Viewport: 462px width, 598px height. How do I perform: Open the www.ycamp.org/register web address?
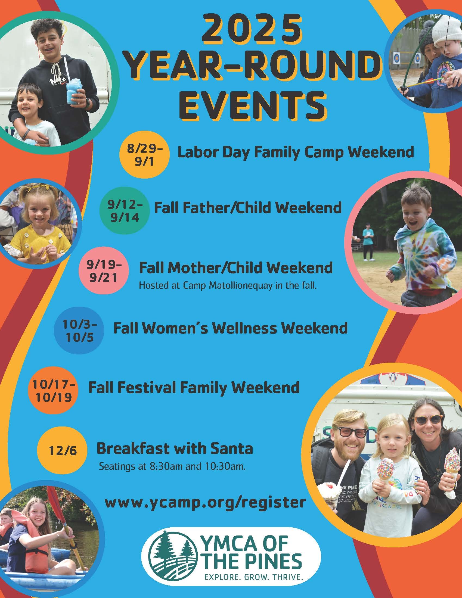(205, 502)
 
